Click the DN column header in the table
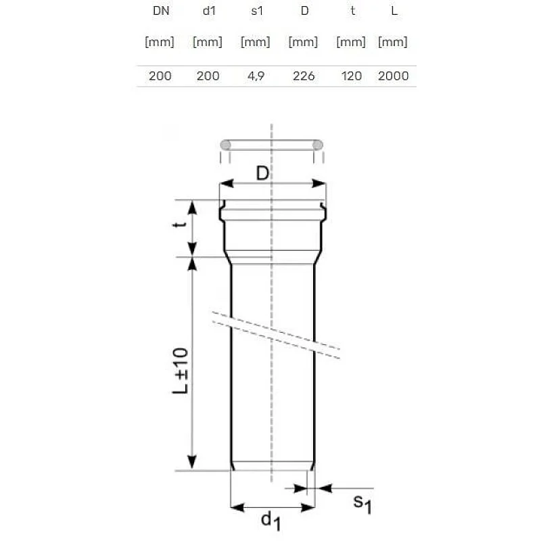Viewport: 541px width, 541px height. (x=160, y=11)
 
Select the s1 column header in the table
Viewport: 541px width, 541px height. (x=256, y=11)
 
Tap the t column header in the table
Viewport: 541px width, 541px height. (x=351, y=11)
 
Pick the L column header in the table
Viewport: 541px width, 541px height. (x=394, y=11)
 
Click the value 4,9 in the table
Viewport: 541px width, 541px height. (x=256, y=76)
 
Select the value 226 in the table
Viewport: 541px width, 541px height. (x=304, y=76)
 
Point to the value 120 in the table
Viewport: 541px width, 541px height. (x=351, y=76)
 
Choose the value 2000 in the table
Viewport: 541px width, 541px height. (x=394, y=76)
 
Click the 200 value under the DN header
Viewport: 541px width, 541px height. (x=160, y=76)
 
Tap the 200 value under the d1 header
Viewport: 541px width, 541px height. (x=208, y=76)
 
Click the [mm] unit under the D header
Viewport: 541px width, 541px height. (x=304, y=42)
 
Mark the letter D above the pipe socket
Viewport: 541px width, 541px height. (x=262, y=174)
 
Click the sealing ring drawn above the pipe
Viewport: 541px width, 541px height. (x=271, y=145)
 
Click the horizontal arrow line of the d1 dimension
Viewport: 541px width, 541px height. (x=273, y=506)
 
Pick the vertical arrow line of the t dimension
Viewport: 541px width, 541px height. (x=193, y=228)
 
